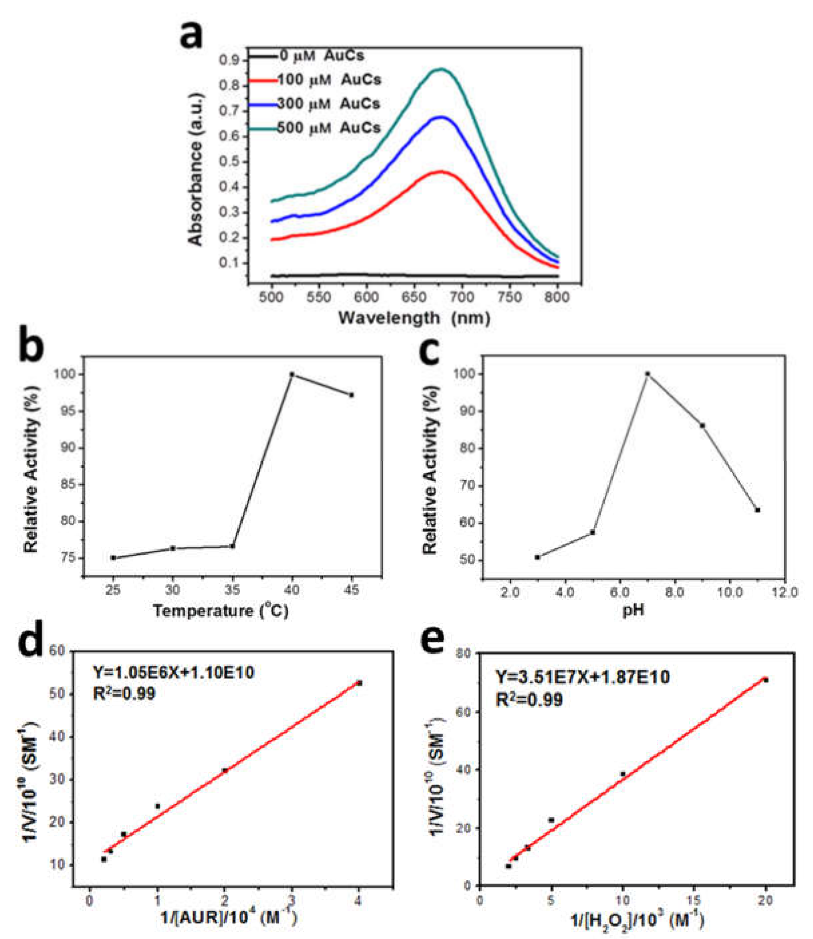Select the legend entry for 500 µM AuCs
click(329, 128)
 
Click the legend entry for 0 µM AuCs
click(322, 56)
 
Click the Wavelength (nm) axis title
click(414, 318)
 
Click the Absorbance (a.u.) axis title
click(196, 169)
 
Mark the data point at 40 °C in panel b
click(292, 375)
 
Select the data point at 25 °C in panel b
click(113, 557)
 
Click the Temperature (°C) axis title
click(221, 611)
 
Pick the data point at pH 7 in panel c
click(648, 374)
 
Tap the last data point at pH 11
click(757, 510)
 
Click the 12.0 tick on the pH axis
click(785, 593)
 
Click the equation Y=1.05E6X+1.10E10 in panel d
click(174, 672)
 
